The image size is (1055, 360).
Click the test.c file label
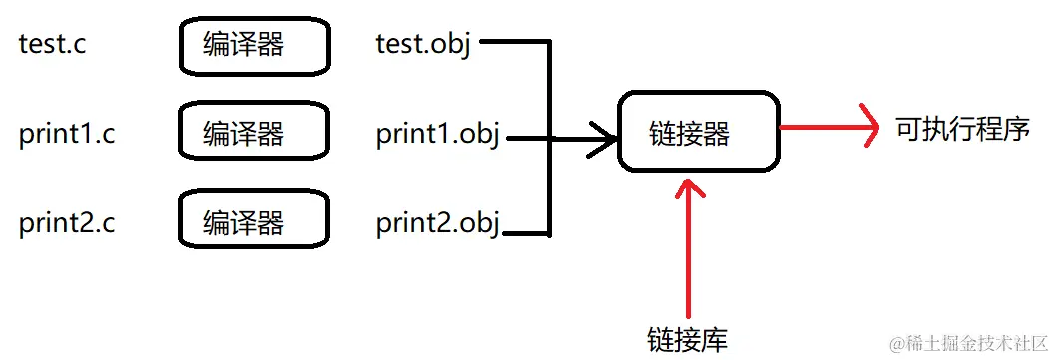coord(52,45)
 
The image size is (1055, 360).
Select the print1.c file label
coord(67,134)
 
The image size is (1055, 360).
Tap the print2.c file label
coord(67,222)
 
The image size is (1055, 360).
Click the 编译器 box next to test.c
coord(254,45)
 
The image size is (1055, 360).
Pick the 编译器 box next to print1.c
coord(254,133)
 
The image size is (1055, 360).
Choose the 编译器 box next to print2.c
coord(254,221)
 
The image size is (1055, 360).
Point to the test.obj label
coord(423,45)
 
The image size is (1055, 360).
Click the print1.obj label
coord(438,134)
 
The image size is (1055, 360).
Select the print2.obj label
coord(438,222)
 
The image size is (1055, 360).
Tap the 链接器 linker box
coord(698,132)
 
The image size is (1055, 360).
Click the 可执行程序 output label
coord(961,129)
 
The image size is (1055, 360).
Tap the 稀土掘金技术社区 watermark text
coord(972,344)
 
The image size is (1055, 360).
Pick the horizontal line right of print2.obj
coord(525,234)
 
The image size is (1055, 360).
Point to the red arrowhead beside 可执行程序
coord(868,128)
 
